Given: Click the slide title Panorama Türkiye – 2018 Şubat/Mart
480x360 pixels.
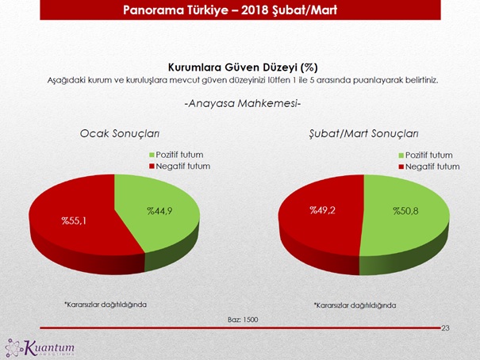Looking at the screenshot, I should click(x=240, y=10).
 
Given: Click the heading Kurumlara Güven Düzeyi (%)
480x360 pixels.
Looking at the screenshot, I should click(x=243, y=67).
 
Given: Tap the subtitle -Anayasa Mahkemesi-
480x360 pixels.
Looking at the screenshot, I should click(x=243, y=105).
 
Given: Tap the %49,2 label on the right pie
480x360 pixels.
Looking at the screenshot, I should click(x=324, y=210).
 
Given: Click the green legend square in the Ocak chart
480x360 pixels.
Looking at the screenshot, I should click(x=151, y=154).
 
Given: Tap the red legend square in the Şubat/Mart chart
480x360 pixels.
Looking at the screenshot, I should click(x=401, y=167).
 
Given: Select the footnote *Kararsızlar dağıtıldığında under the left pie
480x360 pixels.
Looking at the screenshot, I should click(x=106, y=304).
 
